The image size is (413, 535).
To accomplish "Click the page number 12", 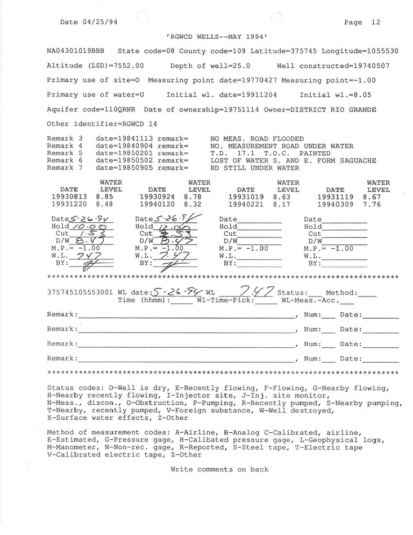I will click(375, 23).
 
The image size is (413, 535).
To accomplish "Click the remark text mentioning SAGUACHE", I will click(293, 161).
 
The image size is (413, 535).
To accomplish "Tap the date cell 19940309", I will click(335, 205).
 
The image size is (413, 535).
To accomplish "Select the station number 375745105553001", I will click(80, 293).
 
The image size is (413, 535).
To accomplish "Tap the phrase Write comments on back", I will click(219, 469).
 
